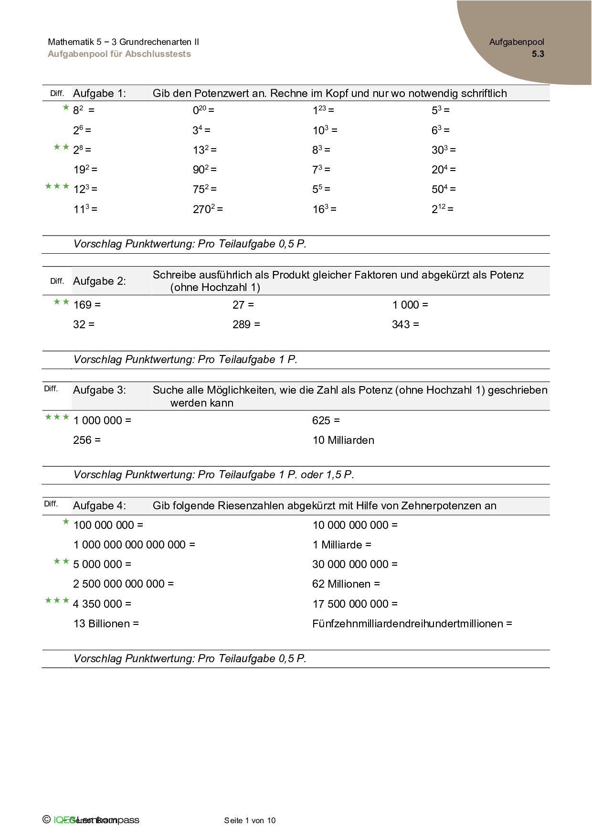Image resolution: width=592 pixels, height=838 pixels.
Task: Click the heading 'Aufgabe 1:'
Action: coord(99,93)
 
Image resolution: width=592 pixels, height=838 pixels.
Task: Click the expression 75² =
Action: coord(204,189)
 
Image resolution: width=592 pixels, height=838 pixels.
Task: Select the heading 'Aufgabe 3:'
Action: coord(99,390)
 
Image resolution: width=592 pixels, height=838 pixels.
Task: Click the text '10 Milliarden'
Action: coord(343,440)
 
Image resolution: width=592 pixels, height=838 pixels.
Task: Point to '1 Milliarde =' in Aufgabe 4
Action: coord(342,545)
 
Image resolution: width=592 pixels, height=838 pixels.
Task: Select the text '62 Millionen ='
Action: coord(346,584)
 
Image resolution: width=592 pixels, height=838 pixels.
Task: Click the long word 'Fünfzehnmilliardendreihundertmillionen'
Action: coord(408,623)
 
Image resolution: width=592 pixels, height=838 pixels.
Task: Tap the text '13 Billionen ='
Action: coord(106,623)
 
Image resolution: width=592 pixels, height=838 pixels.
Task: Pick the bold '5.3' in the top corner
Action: coord(538,54)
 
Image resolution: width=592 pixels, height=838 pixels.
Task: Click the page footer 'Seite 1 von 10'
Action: coord(250,820)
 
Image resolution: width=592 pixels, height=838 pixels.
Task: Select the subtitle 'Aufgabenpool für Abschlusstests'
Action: coord(119,54)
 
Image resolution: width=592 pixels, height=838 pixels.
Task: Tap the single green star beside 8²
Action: coord(66,107)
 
